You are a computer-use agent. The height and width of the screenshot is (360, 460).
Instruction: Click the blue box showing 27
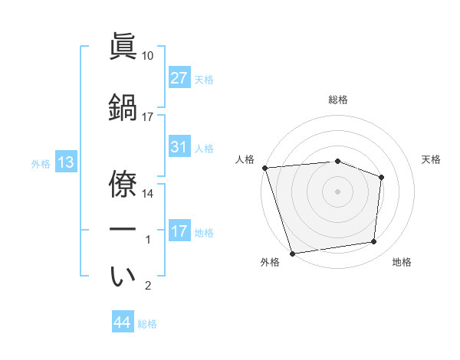pos(179,77)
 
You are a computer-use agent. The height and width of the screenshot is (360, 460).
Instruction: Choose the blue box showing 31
pos(179,147)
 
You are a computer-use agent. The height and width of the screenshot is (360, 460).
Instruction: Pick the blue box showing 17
pos(179,231)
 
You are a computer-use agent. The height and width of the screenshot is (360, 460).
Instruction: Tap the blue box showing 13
pos(66,162)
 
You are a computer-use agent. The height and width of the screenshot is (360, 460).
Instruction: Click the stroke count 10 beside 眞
pos(147,56)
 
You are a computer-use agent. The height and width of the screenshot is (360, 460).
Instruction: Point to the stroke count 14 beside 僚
pos(147,194)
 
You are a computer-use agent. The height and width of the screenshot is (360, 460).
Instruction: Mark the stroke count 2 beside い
pos(149,286)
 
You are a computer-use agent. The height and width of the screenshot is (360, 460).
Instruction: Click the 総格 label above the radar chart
pos(338,100)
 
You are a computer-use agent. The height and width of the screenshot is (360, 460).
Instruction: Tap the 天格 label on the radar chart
pos(431,159)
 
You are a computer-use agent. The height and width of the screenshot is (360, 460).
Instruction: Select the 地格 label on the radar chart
pos(402,263)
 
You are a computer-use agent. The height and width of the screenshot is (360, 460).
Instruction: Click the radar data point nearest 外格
pos(292,253)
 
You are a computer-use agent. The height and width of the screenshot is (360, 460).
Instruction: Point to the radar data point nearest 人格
pos(264,168)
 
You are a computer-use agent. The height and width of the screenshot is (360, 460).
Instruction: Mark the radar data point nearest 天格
pos(382,177)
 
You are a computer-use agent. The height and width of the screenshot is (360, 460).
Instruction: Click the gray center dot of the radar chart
pos(337,191)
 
